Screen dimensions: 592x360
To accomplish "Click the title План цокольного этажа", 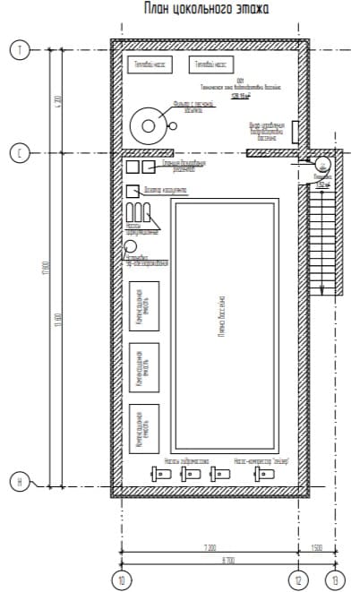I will tap(206, 9).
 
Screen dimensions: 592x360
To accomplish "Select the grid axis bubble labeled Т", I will tap(19, 50).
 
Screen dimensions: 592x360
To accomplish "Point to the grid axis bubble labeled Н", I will tap(19, 485).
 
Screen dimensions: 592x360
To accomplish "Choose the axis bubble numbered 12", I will tap(299, 579).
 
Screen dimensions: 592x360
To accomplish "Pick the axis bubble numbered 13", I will tap(335, 579).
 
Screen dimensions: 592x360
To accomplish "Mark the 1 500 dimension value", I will tap(317, 545).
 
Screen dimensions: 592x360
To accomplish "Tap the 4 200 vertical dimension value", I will tap(57, 102).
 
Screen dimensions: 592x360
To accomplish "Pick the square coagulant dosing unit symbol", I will tap(132, 190).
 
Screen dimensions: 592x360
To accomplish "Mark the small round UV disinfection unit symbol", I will tap(130, 246).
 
